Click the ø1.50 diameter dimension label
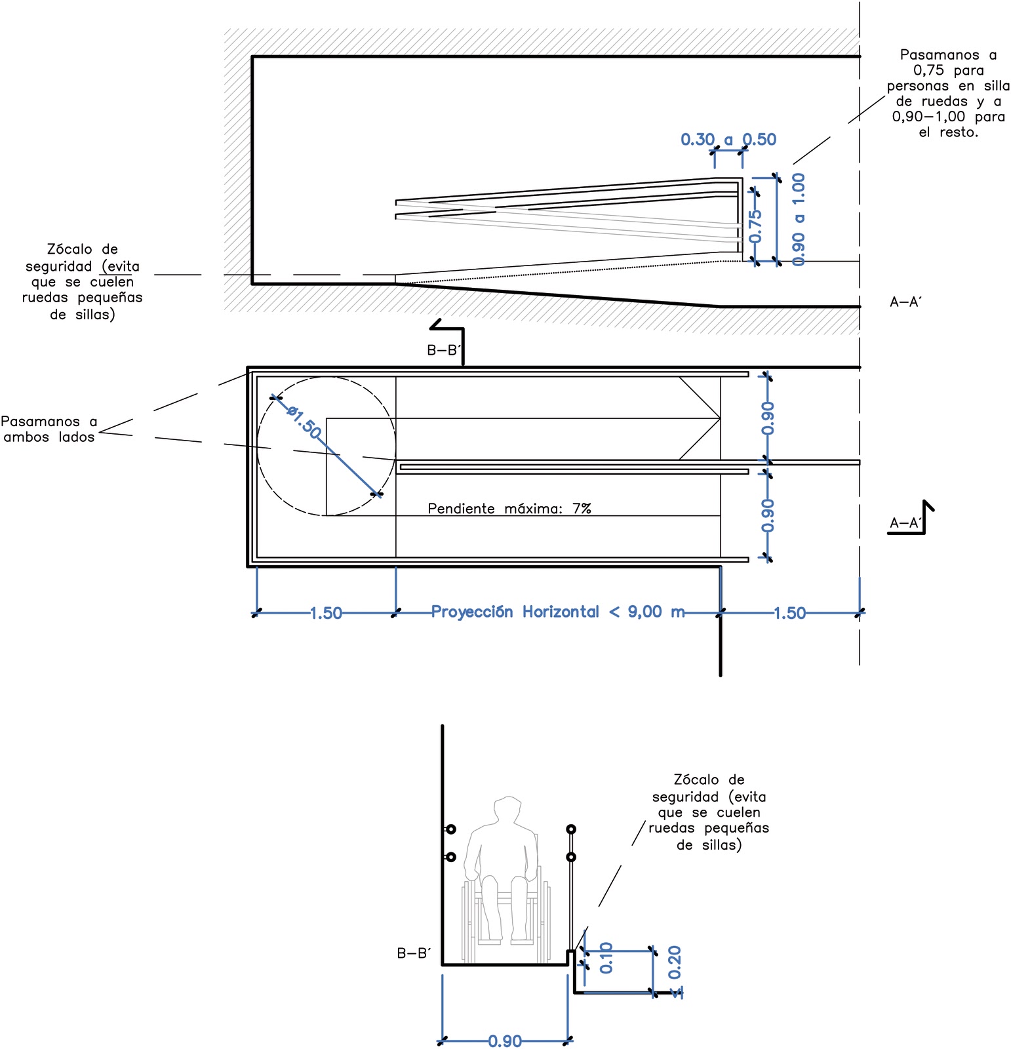pos(304,424)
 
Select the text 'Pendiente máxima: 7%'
pos(509,508)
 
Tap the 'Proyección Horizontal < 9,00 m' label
pos(557,612)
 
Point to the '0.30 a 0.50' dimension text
pos(728,139)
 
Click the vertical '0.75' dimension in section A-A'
pos(755,226)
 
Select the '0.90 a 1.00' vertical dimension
pos(799,220)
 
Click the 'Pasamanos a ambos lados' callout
pos(49,429)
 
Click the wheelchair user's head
pos(507,810)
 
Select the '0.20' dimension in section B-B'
pos(675,962)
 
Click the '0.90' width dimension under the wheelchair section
pos(505,1040)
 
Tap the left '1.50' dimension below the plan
pos(326,613)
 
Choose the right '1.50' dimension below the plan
pos(789,613)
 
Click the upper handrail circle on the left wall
pos(451,829)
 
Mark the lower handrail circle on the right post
pos(571,857)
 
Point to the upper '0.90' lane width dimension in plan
pos(767,418)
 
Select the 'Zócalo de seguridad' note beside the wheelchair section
pos(709,812)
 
